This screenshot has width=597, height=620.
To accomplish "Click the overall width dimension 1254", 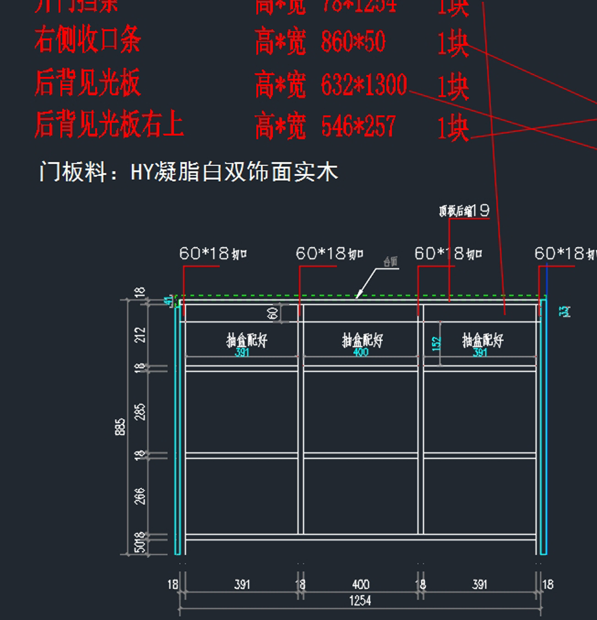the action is coord(360,601).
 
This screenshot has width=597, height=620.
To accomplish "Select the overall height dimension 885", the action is coord(120,427).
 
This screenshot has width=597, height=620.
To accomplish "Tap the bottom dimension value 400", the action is coord(360,584).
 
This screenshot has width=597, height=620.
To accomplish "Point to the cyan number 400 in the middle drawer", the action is coord(361,352).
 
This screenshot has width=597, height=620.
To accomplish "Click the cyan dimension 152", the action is coord(436,344).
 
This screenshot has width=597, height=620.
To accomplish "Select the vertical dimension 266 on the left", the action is coord(140,496).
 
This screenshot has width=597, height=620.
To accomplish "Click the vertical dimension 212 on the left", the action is coord(141,334).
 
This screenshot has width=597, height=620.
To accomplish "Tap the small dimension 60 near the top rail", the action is coord(273,313).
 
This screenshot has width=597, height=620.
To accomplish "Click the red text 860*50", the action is coord(353,42).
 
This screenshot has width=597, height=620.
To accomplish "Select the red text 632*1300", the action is coord(364,85).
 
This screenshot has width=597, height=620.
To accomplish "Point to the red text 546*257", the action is coord(358,126).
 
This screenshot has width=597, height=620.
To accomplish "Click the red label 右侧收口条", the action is coord(88,40).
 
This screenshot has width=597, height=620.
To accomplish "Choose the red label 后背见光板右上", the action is coord(109,124).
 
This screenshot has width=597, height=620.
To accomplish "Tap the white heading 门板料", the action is coord(73,172).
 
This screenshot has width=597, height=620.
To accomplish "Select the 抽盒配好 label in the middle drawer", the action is coord(362,340).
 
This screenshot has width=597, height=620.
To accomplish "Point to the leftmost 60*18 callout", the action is coord(212,254).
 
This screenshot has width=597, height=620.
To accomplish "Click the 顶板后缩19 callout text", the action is coord(464,211).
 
